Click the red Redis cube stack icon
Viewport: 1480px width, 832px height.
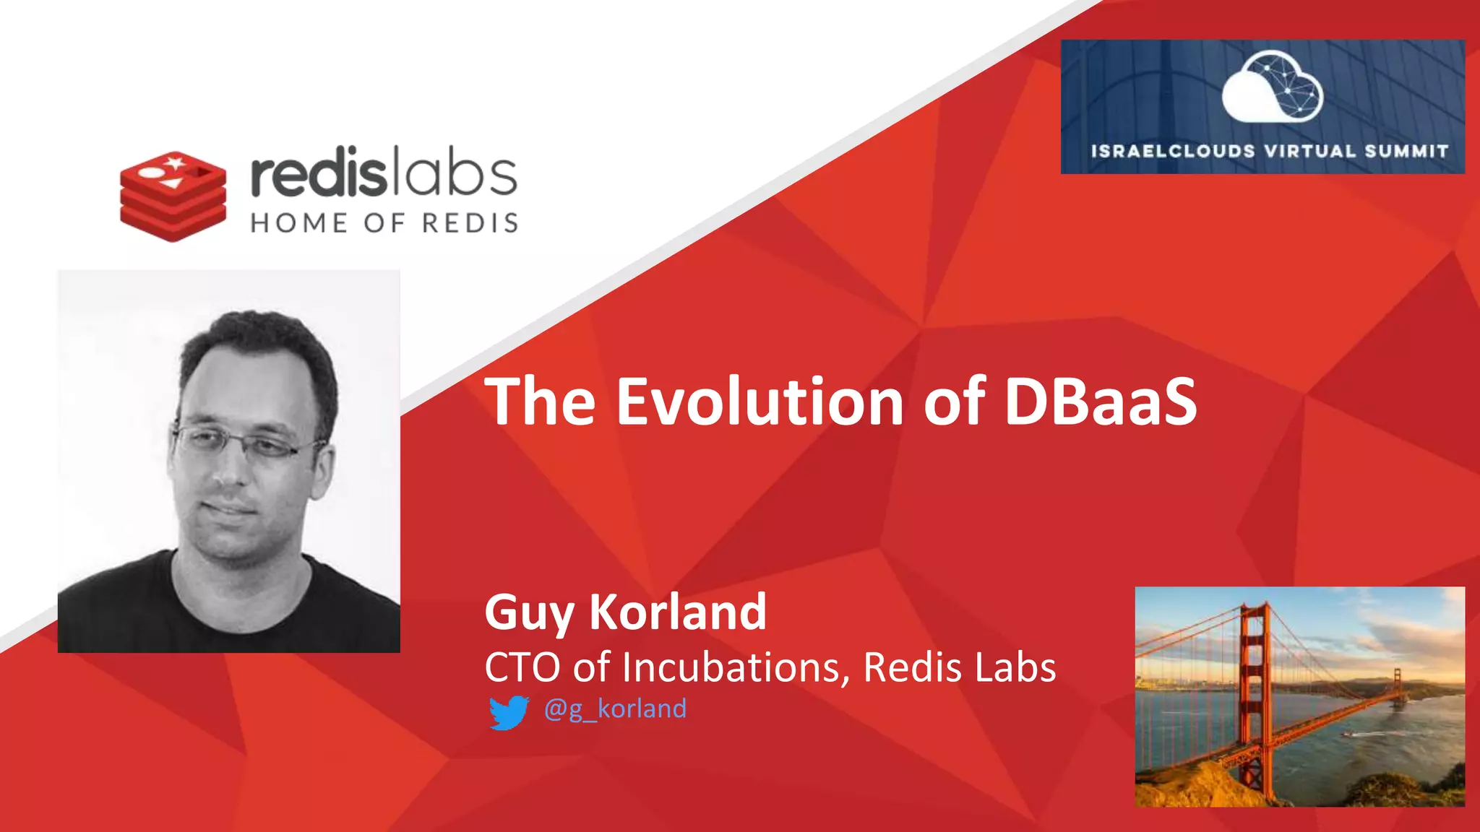point(173,196)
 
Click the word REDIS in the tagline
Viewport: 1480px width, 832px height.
point(470,223)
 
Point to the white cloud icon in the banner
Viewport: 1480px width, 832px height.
point(1272,87)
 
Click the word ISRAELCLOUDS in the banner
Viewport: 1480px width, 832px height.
point(1173,152)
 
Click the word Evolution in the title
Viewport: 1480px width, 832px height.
point(760,402)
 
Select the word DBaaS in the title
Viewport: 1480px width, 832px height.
point(1100,402)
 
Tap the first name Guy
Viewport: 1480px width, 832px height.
point(529,612)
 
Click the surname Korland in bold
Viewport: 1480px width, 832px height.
point(678,612)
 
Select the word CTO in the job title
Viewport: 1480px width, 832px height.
point(522,667)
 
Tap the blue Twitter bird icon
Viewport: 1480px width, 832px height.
point(509,712)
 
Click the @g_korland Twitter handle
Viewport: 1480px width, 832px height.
point(615,708)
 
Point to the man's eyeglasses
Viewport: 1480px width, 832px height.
point(242,442)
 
